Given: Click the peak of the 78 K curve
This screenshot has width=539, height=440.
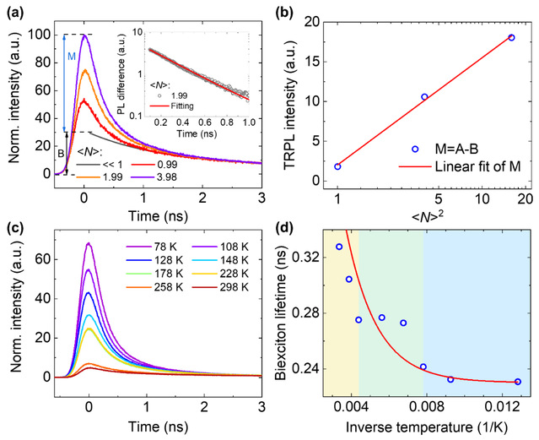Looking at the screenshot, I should pos(89,244).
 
